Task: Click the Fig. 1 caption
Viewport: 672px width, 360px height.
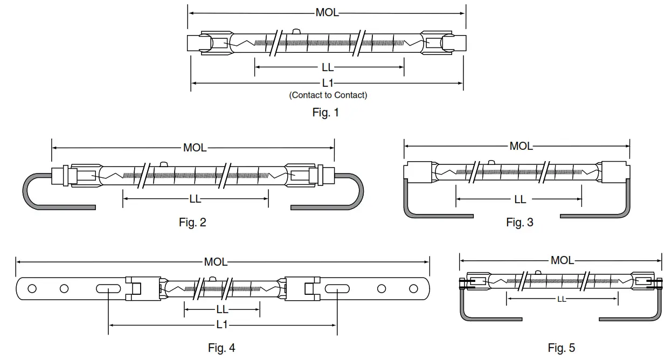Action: [325, 113]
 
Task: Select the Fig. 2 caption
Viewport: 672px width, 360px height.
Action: [192, 222]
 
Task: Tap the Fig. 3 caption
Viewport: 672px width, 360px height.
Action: [519, 222]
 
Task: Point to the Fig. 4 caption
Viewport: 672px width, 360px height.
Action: [221, 348]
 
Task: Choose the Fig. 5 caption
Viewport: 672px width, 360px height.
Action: [561, 348]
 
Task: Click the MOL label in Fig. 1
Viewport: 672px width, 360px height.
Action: [327, 12]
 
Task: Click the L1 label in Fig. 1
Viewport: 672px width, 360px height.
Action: [327, 83]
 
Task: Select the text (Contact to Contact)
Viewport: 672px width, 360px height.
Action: [328, 95]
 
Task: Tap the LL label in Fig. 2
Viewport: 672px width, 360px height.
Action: [195, 199]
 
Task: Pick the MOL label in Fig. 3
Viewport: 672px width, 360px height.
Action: [521, 146]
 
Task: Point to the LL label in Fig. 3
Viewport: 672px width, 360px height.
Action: [519, 199]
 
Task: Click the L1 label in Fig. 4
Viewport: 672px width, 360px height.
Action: [222, 324]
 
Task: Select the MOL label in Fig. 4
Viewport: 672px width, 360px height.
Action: [216, 262]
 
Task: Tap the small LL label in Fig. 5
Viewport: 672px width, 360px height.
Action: [562, 299]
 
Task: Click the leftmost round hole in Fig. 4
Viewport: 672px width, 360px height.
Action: [32, 288]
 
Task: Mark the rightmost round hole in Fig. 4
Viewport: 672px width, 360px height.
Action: [414, 288]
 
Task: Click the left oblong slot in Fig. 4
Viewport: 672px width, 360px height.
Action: [108, 289]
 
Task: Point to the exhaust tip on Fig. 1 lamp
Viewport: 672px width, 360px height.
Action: [295, 32]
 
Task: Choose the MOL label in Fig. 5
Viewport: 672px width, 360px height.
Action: [562, 260]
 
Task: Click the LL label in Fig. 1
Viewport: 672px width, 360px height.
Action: [327, 67]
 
